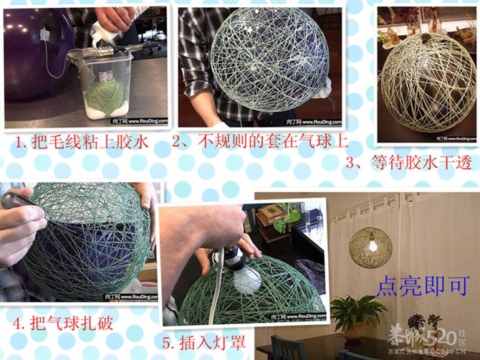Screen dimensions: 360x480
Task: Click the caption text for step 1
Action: point(82,142)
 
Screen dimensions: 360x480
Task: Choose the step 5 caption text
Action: point(208,343)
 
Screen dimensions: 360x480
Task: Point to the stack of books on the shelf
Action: point(273,213)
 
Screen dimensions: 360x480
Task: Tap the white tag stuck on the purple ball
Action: point(44,34)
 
